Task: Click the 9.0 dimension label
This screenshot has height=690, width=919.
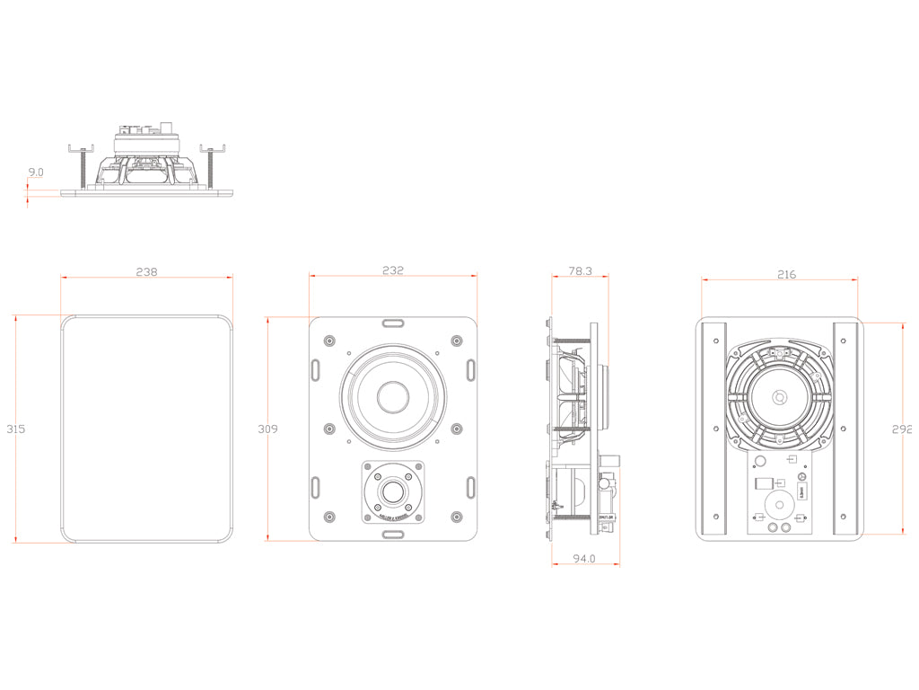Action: pos(36,172)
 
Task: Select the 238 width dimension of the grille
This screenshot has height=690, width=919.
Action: pos(146,271)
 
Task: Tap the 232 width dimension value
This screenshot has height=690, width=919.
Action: pos(392,270)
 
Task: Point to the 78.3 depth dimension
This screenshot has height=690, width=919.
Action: pos(581,270)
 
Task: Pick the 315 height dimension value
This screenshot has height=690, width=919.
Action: pos(14,429)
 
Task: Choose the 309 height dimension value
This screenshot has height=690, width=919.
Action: pos(267,429)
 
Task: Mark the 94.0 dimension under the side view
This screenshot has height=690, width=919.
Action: pos(585,558)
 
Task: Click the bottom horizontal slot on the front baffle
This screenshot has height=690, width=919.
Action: pos(392,534)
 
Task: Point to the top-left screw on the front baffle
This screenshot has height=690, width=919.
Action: pos(328,340)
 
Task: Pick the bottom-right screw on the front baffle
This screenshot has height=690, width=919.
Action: pos(457,517)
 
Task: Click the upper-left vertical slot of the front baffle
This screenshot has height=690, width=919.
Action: pos(316,369)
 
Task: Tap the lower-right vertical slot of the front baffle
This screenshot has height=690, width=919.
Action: pos(470,486)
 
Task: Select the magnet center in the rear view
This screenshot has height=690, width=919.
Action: pos(779,397)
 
